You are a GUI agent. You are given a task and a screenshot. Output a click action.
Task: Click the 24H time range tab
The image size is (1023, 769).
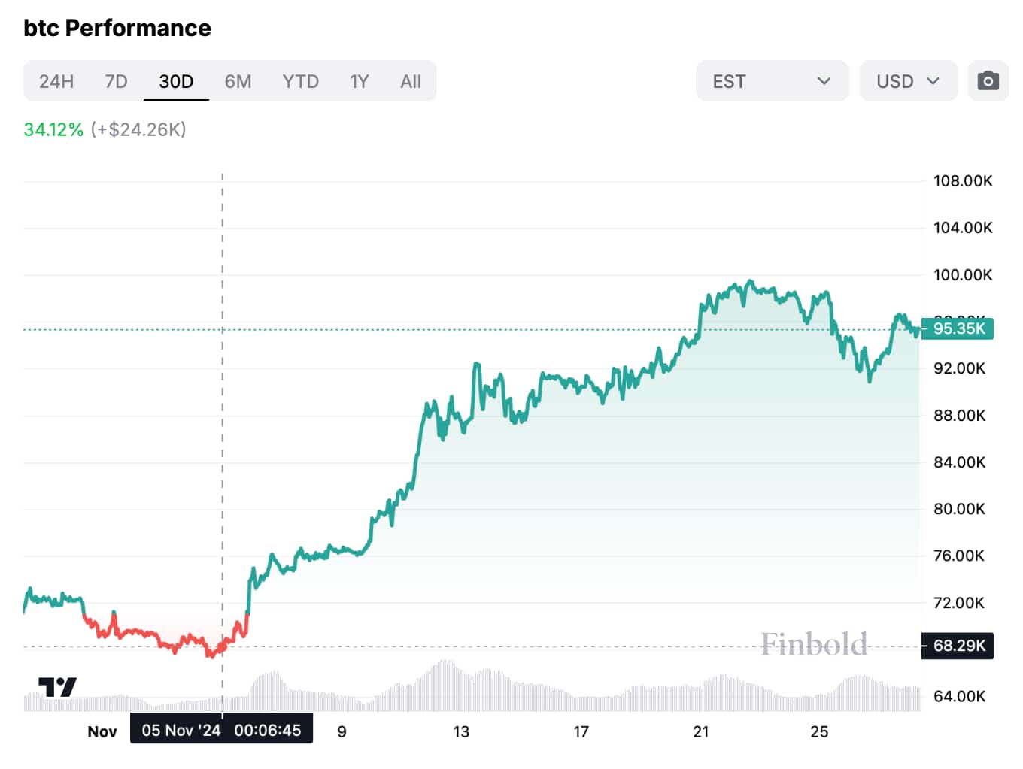tap(56, 81)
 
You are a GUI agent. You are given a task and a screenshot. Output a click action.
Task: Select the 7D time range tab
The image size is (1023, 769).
tap(116, 81)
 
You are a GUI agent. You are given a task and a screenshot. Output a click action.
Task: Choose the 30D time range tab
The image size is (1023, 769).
tap(176, 81)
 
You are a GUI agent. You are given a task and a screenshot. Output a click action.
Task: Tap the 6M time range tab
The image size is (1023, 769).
tap(238, 81)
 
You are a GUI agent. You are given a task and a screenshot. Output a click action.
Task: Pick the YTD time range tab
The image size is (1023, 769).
tap(300, 81)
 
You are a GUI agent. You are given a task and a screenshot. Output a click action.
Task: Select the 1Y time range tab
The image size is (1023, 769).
tap(359, 81)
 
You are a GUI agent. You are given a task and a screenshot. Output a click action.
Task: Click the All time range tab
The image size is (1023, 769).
tap(411, 81)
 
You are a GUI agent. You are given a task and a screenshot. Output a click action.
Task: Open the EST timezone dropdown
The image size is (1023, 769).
tap(772, 81)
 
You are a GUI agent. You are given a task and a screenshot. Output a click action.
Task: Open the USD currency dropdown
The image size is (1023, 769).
tap(908, 81)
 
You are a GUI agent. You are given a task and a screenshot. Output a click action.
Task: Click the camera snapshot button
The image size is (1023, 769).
tap(988, 81)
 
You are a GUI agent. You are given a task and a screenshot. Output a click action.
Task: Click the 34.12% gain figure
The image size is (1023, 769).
tap(53, 129)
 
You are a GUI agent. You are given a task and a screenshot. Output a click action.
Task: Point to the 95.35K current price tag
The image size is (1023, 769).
tap(958, 328)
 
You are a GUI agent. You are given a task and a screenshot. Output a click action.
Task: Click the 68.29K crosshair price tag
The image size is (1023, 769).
tap(958, 646)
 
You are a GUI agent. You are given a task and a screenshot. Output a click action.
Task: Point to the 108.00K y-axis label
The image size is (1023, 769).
tap(962, 181)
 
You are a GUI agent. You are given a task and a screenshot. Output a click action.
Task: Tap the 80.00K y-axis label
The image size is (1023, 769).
tap(959, 509)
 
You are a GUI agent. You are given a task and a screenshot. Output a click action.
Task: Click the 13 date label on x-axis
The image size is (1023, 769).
tap(461, 731)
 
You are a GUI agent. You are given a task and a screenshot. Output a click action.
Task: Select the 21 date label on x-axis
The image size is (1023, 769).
tap(700, 731)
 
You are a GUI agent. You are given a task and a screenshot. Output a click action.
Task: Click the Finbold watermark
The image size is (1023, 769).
tap(814, 644)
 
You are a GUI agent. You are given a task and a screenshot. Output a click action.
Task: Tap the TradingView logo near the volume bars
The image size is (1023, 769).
tap(57, 687)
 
